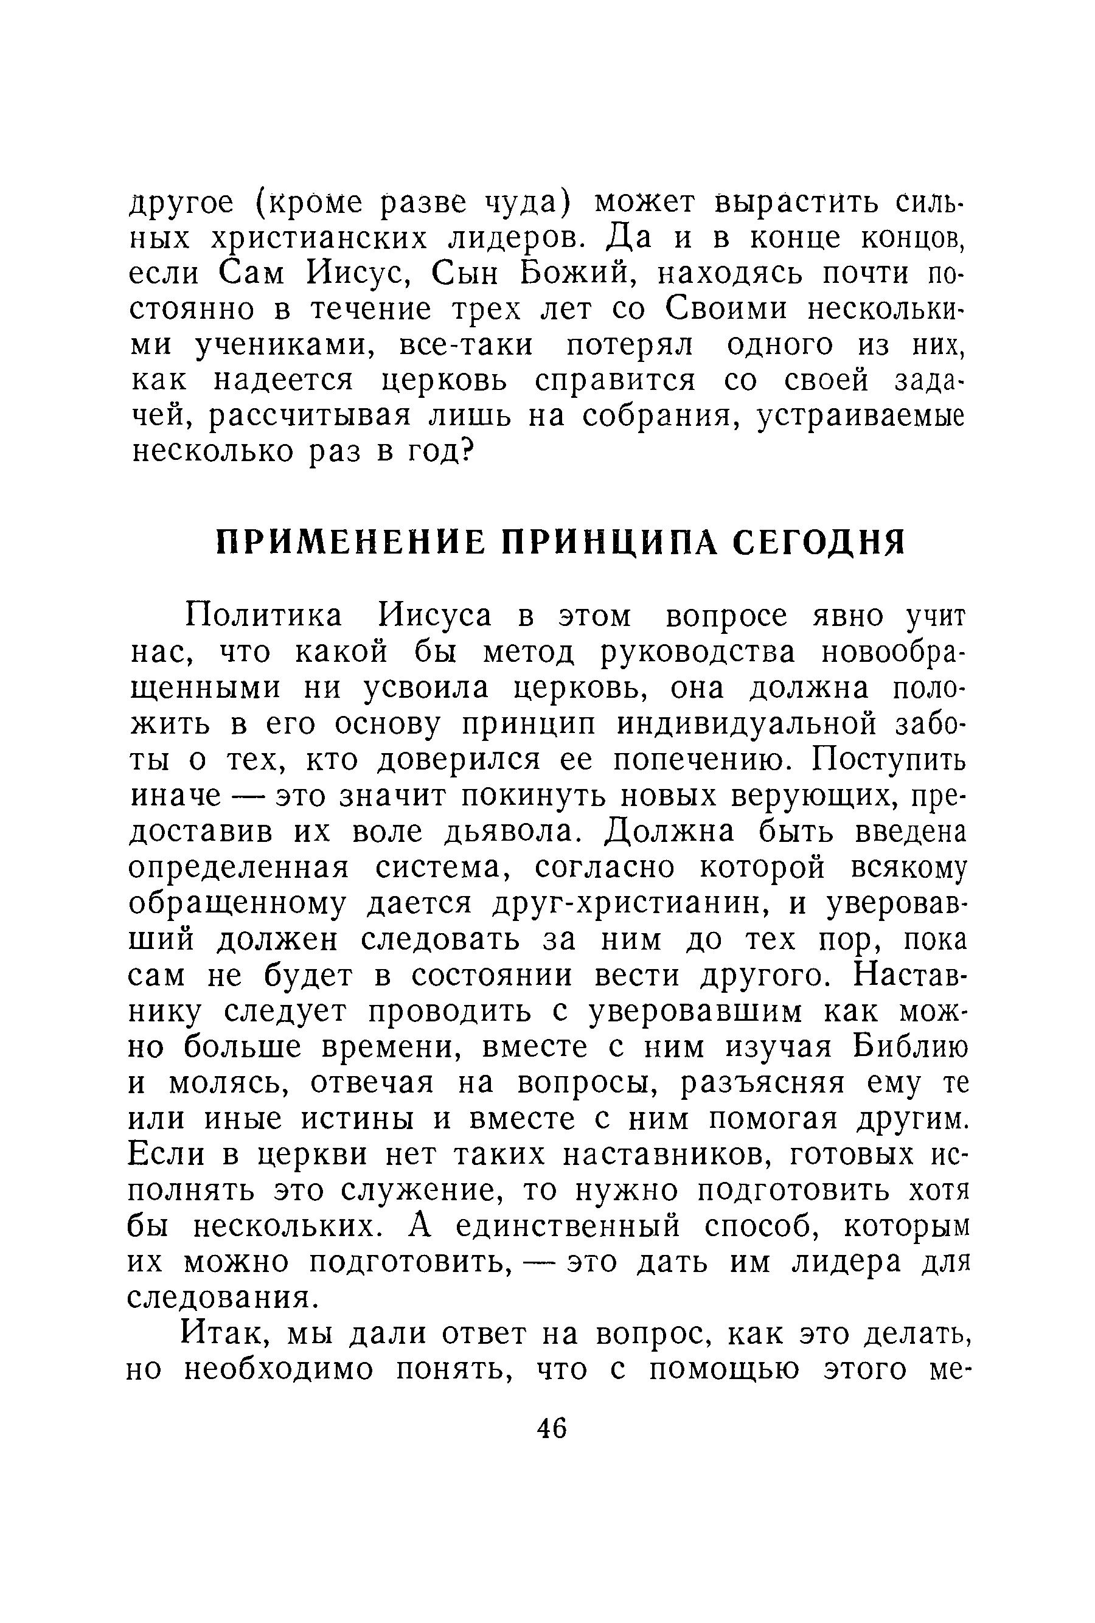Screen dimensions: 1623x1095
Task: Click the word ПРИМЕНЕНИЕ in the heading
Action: [x=350, y=543]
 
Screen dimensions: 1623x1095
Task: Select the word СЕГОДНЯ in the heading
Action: [x=818, y=543]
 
